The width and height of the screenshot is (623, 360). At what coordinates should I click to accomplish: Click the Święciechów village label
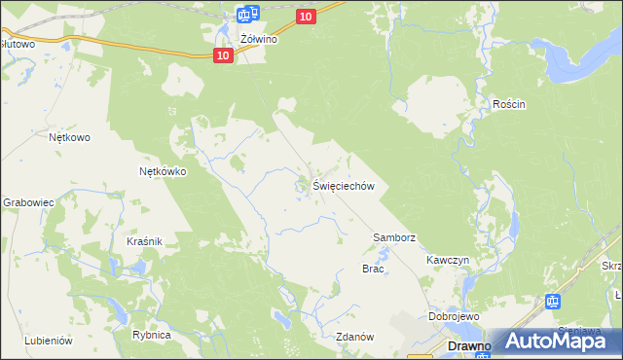(x=344, y=186)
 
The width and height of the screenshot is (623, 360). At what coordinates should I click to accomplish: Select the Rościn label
(x=509, y=105)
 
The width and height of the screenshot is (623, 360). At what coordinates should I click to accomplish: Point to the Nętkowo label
(x=69, y=137)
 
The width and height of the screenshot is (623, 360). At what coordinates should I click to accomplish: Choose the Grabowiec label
(x=26, y=202)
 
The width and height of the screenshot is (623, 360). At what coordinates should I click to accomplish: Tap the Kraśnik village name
(x=143, y=240)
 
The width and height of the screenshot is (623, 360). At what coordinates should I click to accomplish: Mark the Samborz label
(x=394, y=237)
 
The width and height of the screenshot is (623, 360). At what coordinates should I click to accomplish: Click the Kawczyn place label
(x=448, y=261)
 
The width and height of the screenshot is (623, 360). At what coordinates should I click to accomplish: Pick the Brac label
(x=374, y=269)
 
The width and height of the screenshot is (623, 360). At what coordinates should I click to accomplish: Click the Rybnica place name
(x=152, y=335)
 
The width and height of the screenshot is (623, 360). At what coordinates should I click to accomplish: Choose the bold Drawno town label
(x=467, y=345)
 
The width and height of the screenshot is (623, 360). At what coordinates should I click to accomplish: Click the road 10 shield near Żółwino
(x=224, y=56)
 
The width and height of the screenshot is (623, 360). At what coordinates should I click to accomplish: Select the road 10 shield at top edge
(x=306, y=17)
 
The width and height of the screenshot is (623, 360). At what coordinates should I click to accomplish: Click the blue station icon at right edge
(x=553, y=302)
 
